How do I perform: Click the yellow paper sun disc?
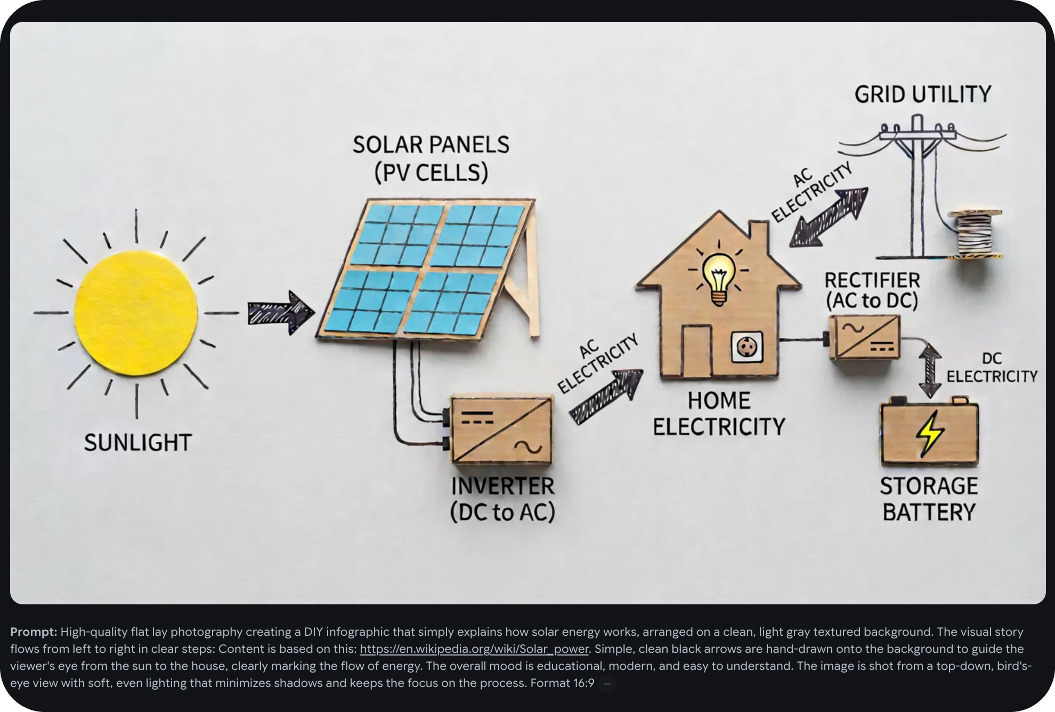click(136, 313)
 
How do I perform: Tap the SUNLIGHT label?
click(137, 443)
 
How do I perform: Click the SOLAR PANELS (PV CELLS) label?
click(431, 159)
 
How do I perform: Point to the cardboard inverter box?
click(501, 430)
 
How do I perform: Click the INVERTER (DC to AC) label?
click(502, 499)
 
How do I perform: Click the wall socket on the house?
click(746, 347)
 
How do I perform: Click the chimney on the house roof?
click(759, 235)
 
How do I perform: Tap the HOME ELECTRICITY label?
click(719, 414)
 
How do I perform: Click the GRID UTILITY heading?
click(923, 94)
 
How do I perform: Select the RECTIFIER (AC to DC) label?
click(872, 290)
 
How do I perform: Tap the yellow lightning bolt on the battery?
click(929, 434)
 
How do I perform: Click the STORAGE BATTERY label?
click(929, 499)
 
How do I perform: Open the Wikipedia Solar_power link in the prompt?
click(474, 649)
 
